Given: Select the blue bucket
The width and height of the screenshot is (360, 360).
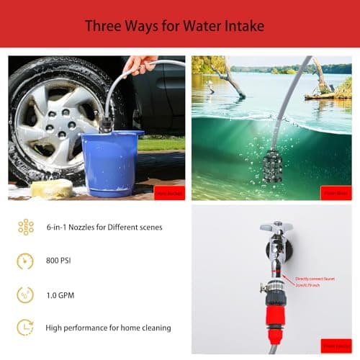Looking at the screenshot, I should click(x=112, y=163).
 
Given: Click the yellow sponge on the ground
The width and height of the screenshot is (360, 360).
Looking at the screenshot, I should click(x=52, y=189).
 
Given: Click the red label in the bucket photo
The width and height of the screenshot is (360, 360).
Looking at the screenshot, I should click(x=169, y=192).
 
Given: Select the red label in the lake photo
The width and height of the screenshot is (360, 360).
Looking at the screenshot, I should click(x=336, y=192).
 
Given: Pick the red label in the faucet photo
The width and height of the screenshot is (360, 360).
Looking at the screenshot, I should click(x=336, y=346).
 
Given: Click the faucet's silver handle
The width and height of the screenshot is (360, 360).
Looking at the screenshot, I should click(x=276, y=226).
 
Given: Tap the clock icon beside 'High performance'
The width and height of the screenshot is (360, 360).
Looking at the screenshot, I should click(x=25, y=327).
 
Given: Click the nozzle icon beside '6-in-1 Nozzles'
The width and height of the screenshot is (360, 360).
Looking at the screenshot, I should click(x=25, y=227).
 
